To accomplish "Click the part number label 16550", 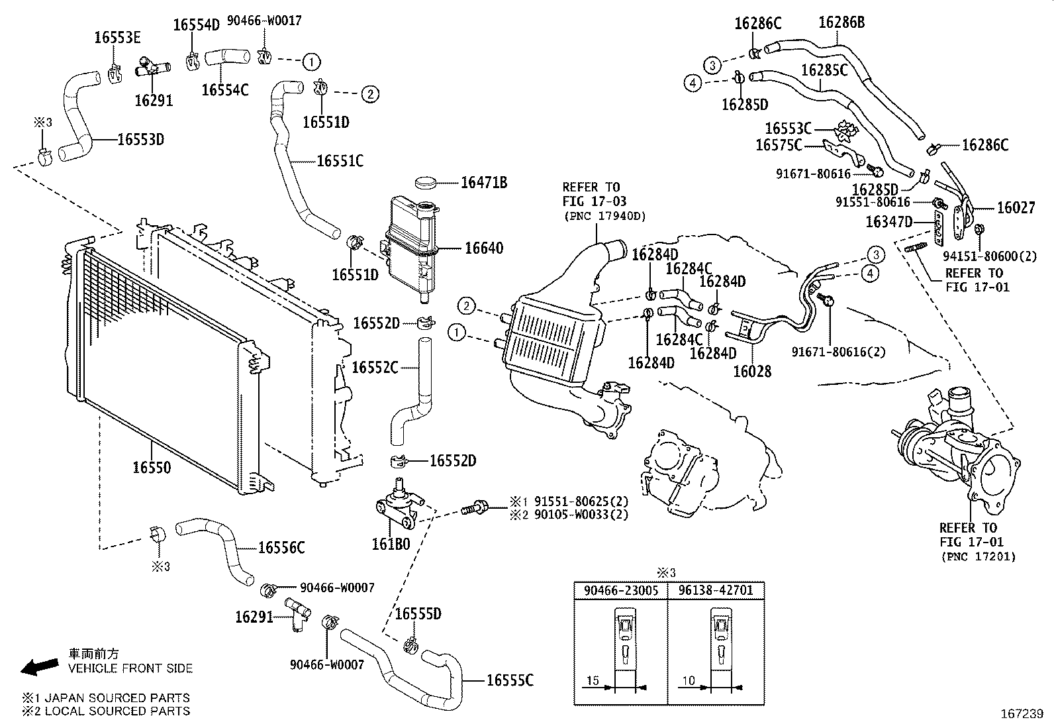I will click(x=152, y=468).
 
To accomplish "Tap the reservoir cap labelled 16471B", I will click(x=428, y=182).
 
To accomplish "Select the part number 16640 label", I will click(x=483, y=248).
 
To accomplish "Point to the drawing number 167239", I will click(x=1021, y=714).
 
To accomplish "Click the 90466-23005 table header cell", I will click(x=620, y=590).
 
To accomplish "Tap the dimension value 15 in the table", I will click(x=593, y=680).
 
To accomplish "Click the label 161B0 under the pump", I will click(x=391, y=544).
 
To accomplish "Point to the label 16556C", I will click(x=281, y=548).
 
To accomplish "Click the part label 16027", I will click(x=1016, y=208).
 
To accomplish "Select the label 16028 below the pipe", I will click(x=752, y=372).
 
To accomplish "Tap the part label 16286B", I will click(x=841, y=23).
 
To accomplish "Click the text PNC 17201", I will click(x=978, y=557).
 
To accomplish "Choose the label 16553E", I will click(x=117, y=38).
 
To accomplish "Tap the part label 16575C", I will click(x=779, y=144).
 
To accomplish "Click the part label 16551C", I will click(x=340, y=161).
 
